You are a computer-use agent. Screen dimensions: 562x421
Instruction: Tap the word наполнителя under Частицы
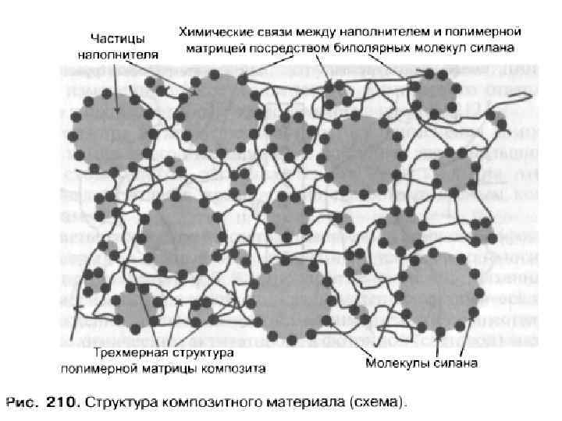pos(118,55)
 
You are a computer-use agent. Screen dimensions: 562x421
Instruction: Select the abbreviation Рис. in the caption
pos(23,402)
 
